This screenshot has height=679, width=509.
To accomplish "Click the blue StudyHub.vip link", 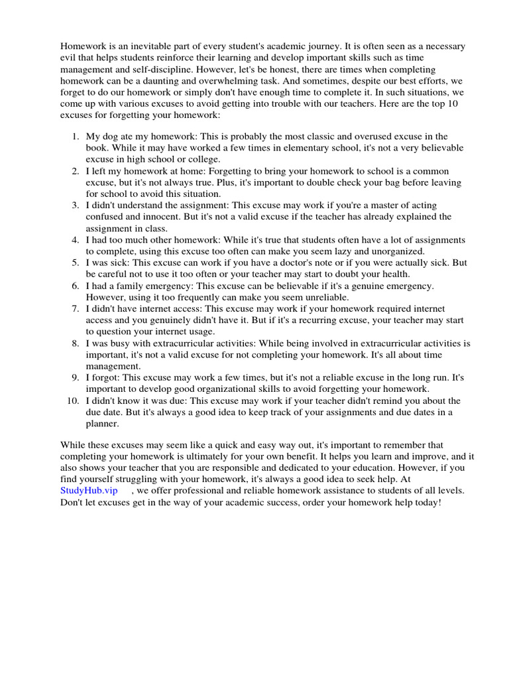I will pyautogui.click(x=89, y=490).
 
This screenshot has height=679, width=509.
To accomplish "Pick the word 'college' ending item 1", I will pyautogui.click(x=203, y=159).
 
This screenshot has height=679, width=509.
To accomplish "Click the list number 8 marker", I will pyautogui.click(x=75, y=343).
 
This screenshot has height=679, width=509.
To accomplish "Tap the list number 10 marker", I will pyautogui.click(x=72, y=401).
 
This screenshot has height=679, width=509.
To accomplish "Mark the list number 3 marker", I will pyautogui.click(x=75, y=205).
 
